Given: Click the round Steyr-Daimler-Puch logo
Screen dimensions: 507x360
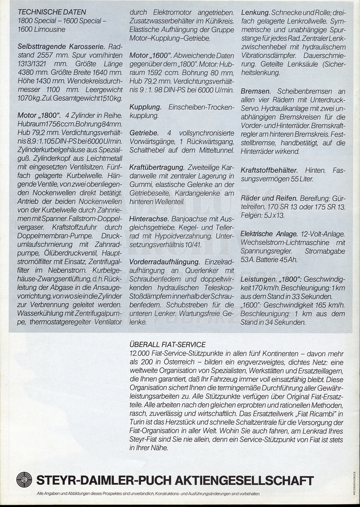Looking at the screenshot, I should [x=24, y=479].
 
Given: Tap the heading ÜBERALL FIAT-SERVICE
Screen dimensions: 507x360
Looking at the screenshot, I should [x=167, y=345].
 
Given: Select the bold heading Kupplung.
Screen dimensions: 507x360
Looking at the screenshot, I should [x=146, y=107].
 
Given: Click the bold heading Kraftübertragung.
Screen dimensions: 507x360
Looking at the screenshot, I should [x=157, y=167].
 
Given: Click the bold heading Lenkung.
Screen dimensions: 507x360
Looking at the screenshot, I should [x=255, y=12].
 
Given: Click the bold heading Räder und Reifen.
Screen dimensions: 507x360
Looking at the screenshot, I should [x=268, y=197].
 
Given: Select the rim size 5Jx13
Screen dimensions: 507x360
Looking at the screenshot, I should [x=274, y=215].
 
